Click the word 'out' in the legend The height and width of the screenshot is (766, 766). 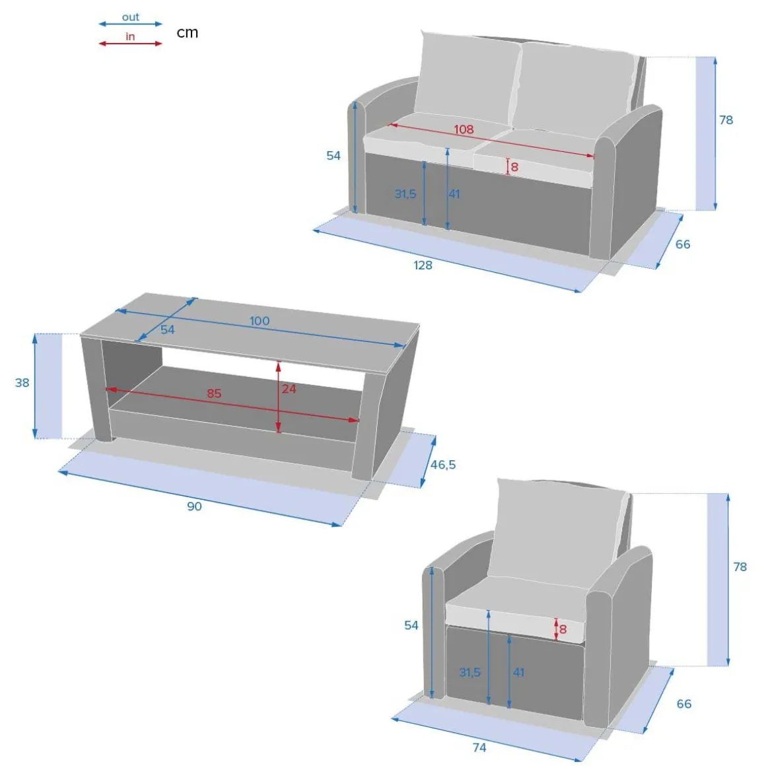[x=131, y=17]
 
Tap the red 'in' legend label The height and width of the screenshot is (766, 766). [x=130, y=36]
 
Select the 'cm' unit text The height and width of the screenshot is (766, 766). [x=187, y=33]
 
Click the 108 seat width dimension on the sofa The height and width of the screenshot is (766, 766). [x=464, y=129]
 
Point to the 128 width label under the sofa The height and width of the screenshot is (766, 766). [x=423, y=265]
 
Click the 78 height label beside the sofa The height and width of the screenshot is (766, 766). [x=726, y=120]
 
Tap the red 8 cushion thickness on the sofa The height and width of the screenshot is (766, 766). [x=514, y=167]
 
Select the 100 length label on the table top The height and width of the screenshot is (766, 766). [x=260, y=321]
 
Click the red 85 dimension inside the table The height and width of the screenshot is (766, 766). [x=214, y=394]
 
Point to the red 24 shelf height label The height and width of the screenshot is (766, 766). [x=289, y=389]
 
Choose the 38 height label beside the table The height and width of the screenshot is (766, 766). [x=22, y=382]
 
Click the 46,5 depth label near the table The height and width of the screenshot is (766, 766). [x=443, y=465]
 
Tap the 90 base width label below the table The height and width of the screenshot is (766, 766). [x=194, y=506]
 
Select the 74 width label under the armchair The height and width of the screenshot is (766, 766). [x=479, y=748]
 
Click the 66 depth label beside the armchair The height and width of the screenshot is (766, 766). [x=684, y=703]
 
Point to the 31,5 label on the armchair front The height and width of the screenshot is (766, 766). [x=470, y=673]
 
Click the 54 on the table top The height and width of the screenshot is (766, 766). [x=168, y=330]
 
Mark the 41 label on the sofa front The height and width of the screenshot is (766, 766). [x=454, y=194]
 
